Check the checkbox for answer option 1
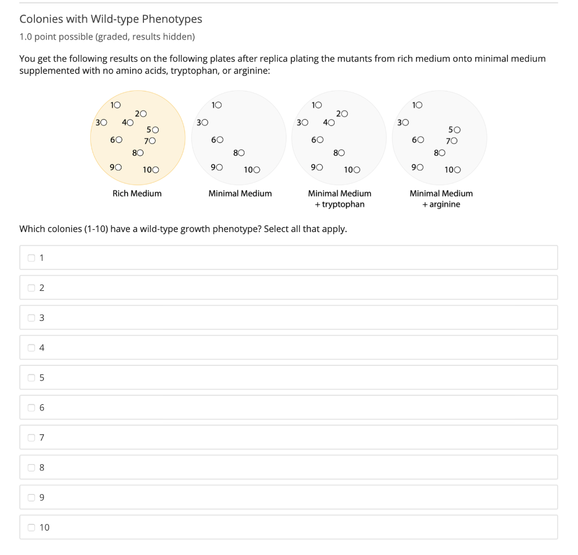tap(32, 258)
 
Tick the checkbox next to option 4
tap(32, 348)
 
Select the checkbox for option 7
tap(32, 438)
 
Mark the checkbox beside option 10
tap(32, 527)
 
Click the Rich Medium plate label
tap(137, 194)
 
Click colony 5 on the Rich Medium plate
tap(155, 130)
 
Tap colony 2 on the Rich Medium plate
tap(144, 114)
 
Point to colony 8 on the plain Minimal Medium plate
tap(242, 152)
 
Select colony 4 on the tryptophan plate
tap(331, 123)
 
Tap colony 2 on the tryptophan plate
tap(344, 114)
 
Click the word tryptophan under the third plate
tap(343, 204)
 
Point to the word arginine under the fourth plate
tap(445, 204)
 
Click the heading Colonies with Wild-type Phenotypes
tap(111, 19)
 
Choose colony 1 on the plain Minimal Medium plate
tap(218, 105)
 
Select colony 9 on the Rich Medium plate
tap(118, 167)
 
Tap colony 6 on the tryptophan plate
tap(320, 139)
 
